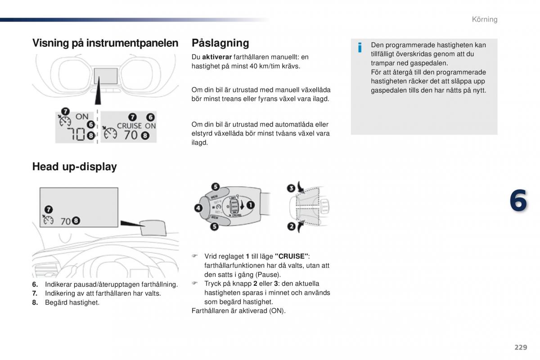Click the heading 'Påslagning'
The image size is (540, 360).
click(x=220, y=43)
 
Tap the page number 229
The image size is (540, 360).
click(x=521, y=347)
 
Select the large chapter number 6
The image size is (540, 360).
click(x=518, y=201)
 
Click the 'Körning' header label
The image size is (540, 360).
click(x=485, y=19)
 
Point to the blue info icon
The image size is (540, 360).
click(x=360, y=48)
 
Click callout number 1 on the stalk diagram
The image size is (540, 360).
click(x=251, y=205)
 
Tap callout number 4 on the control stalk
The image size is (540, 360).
click(x=198, y=208)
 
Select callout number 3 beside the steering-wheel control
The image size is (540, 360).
click(x=291, y=188)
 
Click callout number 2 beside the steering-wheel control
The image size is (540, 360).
click(x=292, y=226)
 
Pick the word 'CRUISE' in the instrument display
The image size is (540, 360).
click(x=129, y=126)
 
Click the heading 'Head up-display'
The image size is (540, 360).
click(x=75, y=166)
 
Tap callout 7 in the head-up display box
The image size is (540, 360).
click(x=49, y=209)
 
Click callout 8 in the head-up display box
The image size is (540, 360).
click(x=76, y=220)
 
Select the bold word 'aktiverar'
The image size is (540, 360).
click(x=217, y=57)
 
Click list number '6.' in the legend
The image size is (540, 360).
click(x=35, y=284)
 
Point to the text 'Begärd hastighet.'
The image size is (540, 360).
click(x=72, y=302)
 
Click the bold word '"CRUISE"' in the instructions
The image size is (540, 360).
click(x=292, y=256)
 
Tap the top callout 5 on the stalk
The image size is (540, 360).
click(x=215, y=187)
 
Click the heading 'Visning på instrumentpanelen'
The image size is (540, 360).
click(x=105, y=43)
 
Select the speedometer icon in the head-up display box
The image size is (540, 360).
click(x=48, y=220)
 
